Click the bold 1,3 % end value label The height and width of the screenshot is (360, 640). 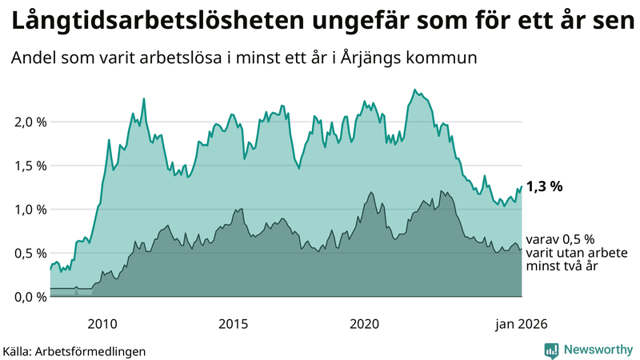544,186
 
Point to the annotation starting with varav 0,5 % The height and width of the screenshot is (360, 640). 560,252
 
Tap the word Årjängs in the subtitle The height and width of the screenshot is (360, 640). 374,58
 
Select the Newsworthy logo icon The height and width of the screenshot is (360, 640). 551,349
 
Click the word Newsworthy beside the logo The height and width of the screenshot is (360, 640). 598,349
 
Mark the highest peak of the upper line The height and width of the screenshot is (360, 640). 414,90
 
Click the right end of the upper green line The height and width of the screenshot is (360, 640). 522,187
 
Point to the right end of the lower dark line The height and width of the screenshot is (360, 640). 522,250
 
